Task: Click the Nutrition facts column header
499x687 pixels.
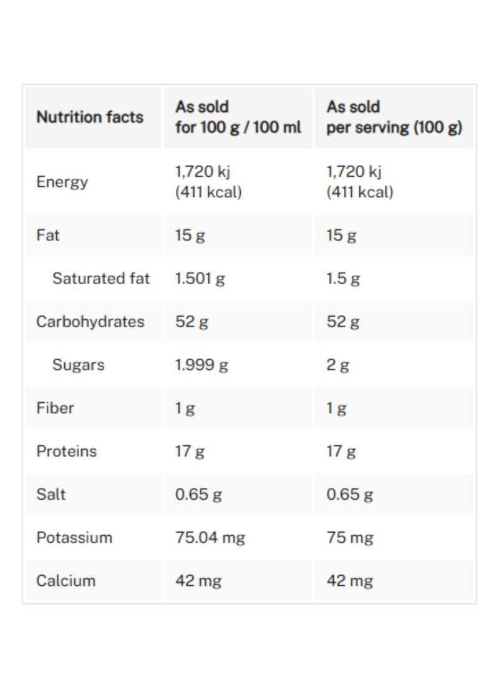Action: click(x=90, y=117)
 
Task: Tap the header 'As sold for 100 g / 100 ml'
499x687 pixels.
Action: click(x=238, y=117)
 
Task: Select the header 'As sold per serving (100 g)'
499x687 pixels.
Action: click(x=394, y=117)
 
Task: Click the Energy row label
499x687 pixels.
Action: click(x=62, y=182)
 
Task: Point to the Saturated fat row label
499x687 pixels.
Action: click(x=101, y=279)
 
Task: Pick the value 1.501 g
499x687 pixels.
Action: click(x=200, y=279)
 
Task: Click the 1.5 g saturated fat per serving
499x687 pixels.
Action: click(x=343, y=279)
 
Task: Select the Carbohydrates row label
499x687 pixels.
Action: click(x=90, y=322)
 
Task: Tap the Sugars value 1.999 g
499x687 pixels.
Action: click(x=201, y=365)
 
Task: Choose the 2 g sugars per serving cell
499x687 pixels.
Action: click(x=337, y=365)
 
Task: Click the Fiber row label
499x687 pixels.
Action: click(x=56, y=408)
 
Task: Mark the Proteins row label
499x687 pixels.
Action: click(x=67, y=451)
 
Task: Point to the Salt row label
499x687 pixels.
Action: click(x=51, y=494)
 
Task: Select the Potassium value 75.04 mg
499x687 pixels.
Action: click(x=210, y=537)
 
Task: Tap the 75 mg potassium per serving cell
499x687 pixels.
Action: click(x=350, y=537)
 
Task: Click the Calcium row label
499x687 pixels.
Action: click(x=66, y=580)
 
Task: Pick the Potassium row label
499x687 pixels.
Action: click(x=75, y=537)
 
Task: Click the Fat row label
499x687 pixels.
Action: click(x=49, y=235)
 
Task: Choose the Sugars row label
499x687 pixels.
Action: click(x=79, y=365)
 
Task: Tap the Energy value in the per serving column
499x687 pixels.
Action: click(x=360, y=182)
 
